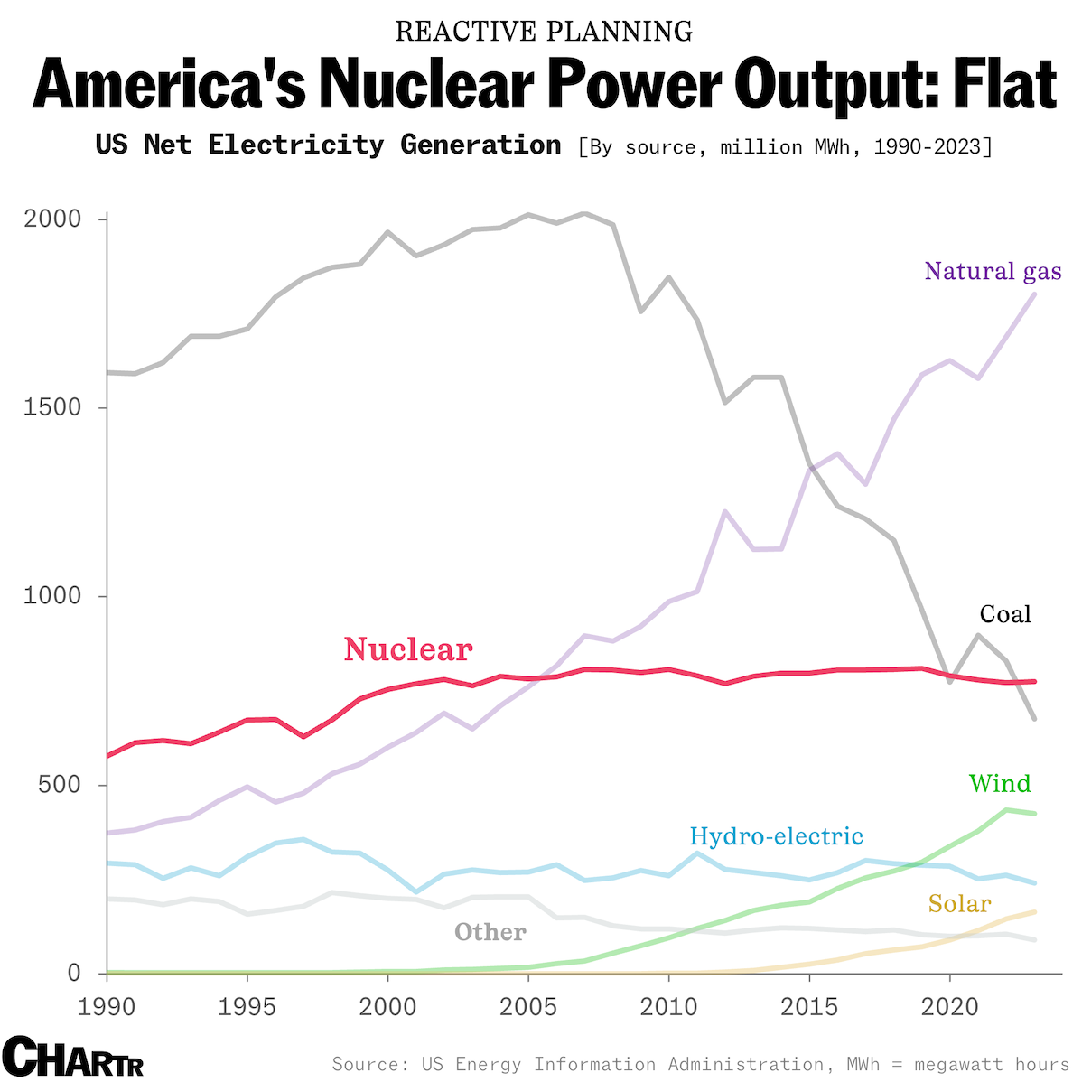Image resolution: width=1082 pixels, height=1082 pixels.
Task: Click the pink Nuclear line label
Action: tap(408, 649)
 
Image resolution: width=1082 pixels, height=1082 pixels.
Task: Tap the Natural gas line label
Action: tap(993, 271)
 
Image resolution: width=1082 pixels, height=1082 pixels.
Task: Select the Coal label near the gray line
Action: tap(1005, 614)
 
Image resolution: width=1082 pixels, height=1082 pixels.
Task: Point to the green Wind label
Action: tap(1000, 783)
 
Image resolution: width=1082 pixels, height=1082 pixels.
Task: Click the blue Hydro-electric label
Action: tap(776, 836)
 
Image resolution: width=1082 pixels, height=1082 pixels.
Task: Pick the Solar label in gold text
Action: tap(959, 904)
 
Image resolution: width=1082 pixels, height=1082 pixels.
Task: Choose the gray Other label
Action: tap(490, 932)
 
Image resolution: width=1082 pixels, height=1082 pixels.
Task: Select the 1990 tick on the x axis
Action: tap(107, 1006)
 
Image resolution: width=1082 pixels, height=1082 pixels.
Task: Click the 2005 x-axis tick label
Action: tap(528, 1006)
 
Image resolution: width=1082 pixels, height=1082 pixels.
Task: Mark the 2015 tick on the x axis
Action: tap(809, 1006)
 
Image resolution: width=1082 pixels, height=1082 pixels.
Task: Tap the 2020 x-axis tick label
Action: tap(949, 1006)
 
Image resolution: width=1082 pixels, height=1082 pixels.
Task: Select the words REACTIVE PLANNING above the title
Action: tap(545, 32)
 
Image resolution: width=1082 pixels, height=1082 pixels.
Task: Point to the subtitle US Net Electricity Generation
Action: tap(329, 145)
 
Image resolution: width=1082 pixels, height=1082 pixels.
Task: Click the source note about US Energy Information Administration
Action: tap(700, 1064)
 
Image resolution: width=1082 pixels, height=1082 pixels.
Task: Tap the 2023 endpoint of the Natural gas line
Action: tap(1034, 294)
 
